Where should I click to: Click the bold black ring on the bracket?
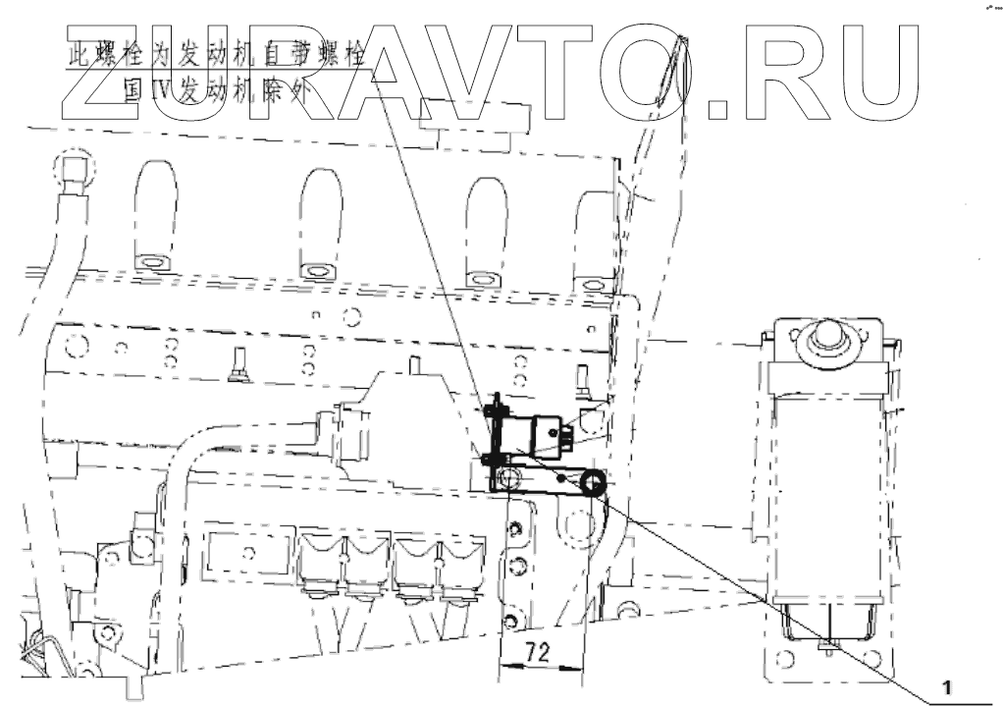click(x=592, y=481)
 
